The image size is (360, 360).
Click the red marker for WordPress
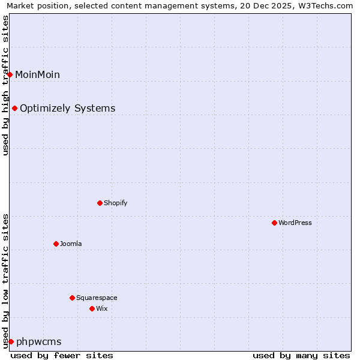(274, 223)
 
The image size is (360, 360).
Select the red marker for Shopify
(100, 203)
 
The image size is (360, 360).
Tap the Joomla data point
(56, 244)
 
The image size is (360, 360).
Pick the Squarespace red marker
(72, 298)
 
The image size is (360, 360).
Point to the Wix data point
(92, 308)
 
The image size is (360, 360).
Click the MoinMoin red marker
(10, 74)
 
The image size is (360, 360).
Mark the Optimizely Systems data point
(14, 108)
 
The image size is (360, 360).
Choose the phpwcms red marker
(11, 341)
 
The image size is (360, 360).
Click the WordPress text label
(295, 223)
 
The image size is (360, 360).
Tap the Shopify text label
(116, 203)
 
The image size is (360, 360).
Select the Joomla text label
(71, 244)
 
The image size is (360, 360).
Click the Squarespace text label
(97, 298)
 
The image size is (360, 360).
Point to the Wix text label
(101, 308)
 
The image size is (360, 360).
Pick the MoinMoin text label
(37, 74)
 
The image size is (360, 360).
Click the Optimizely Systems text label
(68, 108)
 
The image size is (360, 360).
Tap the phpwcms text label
(39, 341)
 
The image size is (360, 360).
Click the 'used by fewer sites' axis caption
(62, 355)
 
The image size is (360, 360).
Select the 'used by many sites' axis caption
(301, 355)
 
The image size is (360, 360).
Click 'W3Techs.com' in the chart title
(327, 6)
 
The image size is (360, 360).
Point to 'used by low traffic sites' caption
(6, 280)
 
